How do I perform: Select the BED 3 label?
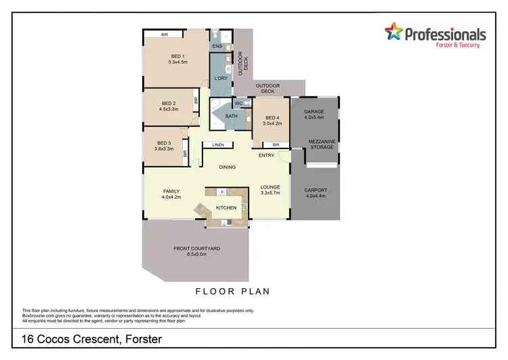coord(164,143)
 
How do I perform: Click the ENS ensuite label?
coord(217,46)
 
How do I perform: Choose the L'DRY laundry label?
coord(220,79)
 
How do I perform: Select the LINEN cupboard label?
coord(217,145)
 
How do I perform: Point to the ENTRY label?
coord(266,155)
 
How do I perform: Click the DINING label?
coord(227,167)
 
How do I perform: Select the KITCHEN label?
coord(226,207)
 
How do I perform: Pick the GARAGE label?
coord(314,111)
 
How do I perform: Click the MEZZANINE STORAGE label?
coord(322,144)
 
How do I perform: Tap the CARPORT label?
coord(316,190)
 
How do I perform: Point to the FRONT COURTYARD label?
coord(196,249)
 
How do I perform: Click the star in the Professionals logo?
coord(393,31)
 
